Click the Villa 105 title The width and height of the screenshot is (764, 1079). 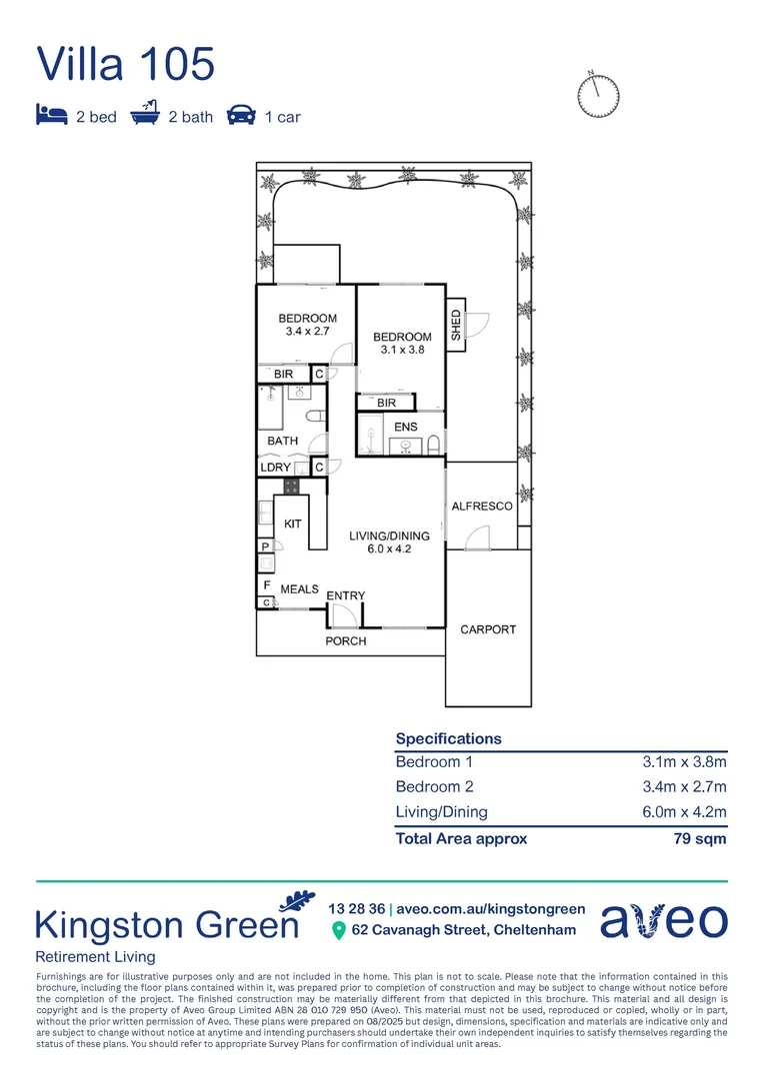coord(125,63)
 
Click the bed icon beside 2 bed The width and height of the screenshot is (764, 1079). coord(51,116)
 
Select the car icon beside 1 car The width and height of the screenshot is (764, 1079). coord(240,116)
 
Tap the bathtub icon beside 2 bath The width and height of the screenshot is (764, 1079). coord(145,115)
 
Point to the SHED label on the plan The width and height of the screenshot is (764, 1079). coord(456,326)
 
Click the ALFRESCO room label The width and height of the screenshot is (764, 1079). coord(482,507)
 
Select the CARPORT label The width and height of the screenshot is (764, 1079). coord(488,629)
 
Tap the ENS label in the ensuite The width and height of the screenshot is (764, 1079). coord(406,428)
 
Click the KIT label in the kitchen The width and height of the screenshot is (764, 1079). coord(293,524)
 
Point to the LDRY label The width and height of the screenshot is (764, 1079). coord(276,468)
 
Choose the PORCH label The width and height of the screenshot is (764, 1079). coord(346,641)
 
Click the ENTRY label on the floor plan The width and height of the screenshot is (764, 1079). coord(346,596)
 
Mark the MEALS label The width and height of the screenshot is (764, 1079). coord(299,589)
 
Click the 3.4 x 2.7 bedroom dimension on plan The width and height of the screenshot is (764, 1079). coord(307,331)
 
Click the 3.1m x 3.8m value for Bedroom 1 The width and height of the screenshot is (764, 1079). coord(684,761)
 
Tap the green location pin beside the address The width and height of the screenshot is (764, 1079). coord(338,931)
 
